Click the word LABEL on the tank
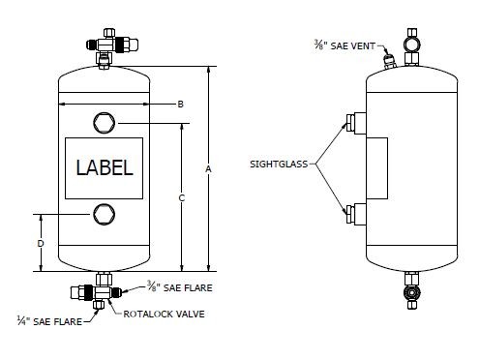105,167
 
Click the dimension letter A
209,168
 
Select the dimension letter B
180,105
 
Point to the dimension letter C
182,197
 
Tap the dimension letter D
41,243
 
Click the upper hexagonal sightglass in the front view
104,123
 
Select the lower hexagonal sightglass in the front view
104,214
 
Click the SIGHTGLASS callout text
279,165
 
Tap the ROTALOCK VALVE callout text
164,315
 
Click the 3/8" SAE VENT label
345,45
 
